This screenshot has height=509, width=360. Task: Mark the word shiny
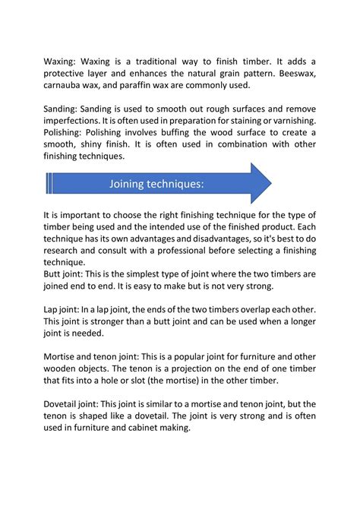[96, 147]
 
